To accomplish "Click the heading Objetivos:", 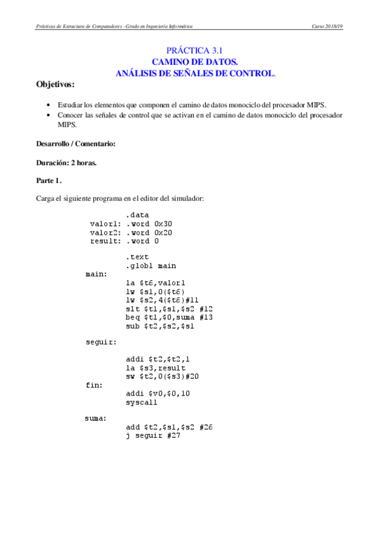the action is [55, 84].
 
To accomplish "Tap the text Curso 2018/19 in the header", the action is [327, 26].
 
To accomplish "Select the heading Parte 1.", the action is [50, 181].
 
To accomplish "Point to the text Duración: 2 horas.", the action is [67, 163].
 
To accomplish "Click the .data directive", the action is [138, 215].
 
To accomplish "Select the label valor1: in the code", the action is [105, 223].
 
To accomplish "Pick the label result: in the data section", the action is [105, 241].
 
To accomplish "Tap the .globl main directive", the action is [150, 266].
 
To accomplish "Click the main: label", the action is [97, 274].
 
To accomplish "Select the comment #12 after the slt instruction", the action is [205, 309].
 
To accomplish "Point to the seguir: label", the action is [101, 343].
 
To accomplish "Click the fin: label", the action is [95, 384].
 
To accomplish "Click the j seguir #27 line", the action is [153, 435].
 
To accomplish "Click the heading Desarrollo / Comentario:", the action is [76, 144].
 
